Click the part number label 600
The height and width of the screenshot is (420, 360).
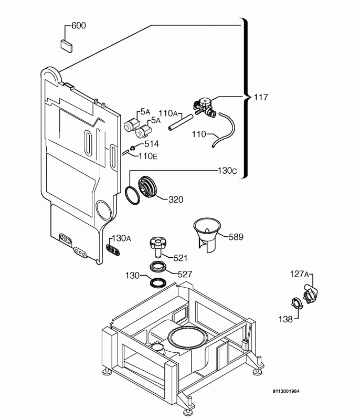[79, 26]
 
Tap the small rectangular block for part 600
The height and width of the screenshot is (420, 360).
[66, 45]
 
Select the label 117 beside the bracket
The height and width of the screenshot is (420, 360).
[261, 97]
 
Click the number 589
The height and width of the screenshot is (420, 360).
[236, 237]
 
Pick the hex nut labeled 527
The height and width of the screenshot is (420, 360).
[157, 266]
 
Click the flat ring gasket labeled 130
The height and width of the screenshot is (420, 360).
[157, 283]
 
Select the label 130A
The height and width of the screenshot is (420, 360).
[121, 238]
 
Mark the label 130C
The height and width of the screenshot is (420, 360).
[227, 171]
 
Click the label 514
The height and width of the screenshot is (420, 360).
[152, 144]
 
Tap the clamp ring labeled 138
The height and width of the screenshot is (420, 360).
[297, 303]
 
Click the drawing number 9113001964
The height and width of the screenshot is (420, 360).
[286, 391]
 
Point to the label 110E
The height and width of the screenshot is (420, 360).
[148, 156]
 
